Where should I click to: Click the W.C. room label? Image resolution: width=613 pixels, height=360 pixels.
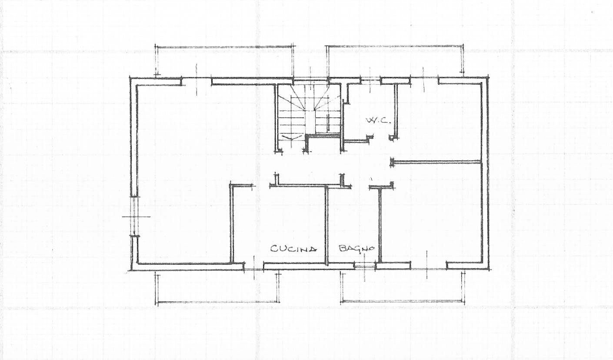(x=378, y=120)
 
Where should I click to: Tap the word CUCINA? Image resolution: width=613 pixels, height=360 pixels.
(x=293, y=249)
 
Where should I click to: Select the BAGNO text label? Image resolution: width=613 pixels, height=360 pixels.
(x=356, y=248)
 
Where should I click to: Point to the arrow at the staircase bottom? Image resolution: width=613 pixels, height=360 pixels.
(x=291, y=137)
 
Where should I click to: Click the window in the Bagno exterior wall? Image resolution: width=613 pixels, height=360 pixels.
(x=365, y=265)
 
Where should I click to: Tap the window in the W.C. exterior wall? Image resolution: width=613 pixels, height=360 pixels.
(x=370, y=80)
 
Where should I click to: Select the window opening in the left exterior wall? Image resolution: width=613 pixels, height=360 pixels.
(x=134, y=216)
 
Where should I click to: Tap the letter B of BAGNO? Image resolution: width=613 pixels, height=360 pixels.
(x=343, y=249)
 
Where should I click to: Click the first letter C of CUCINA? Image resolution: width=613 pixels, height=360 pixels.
(x=274, y=249)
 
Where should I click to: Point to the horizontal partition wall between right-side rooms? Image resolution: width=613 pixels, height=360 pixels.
(x=436, y=162)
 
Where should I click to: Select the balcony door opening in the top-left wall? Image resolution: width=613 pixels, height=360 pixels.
(x=197, y=80)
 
